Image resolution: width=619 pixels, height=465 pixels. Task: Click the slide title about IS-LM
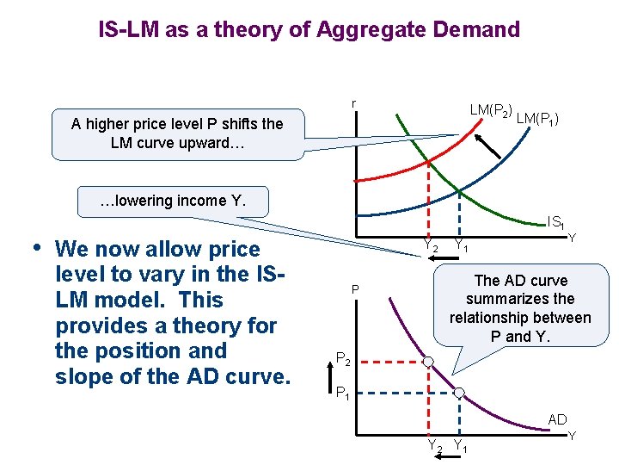(x=309, y=30)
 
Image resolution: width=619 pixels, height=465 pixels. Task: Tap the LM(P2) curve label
(x=492, y=111)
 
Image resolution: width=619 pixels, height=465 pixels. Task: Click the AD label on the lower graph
(x=557, y=419)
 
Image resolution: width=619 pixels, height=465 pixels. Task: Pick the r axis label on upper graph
(x=353, y=104)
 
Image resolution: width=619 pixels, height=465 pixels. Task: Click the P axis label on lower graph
(x=353, y=289)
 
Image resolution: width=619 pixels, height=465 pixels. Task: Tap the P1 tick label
(x=342, y=394)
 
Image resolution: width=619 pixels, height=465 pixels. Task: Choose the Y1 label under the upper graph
(x=461, y=247)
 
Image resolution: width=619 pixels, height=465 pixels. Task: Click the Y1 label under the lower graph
(x=461, y=446)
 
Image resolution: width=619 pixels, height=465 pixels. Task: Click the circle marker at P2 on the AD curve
(x=427, y=361)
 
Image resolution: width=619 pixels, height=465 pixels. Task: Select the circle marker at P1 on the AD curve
(x=459, y=393)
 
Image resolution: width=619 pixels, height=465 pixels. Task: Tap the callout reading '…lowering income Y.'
(x=172, y=201)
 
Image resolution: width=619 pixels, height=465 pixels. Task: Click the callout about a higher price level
(x=177, y=133)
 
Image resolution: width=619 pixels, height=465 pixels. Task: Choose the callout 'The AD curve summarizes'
(x=520, y=308)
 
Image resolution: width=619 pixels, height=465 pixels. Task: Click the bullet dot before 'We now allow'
(x=34, y=248)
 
